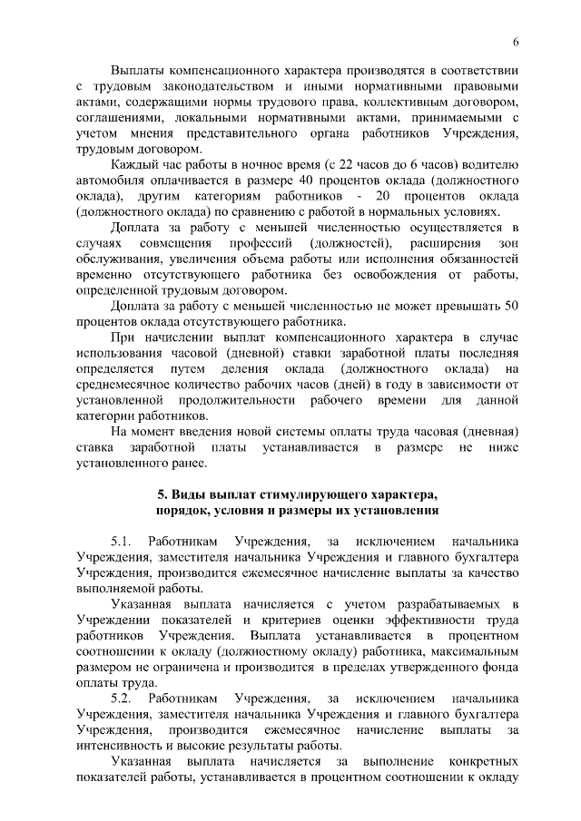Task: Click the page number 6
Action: tap(516, 42)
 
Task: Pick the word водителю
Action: tap(490, 165)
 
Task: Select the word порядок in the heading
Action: tap(185, 510)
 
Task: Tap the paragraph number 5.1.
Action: tap(123, 542)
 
